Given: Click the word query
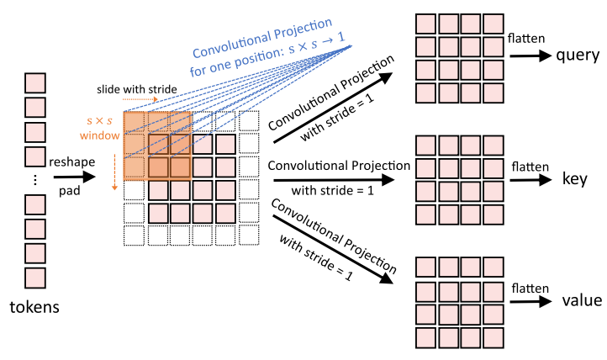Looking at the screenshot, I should tap(577, 56).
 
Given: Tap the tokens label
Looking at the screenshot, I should tap(34, 306).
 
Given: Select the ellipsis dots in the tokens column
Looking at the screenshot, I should tap(34, 180).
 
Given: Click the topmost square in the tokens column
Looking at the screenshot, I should tap(34, 84).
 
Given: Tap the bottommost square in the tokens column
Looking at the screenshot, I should tap(34, 277).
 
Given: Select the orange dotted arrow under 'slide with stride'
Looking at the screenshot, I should tap(140, 99).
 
